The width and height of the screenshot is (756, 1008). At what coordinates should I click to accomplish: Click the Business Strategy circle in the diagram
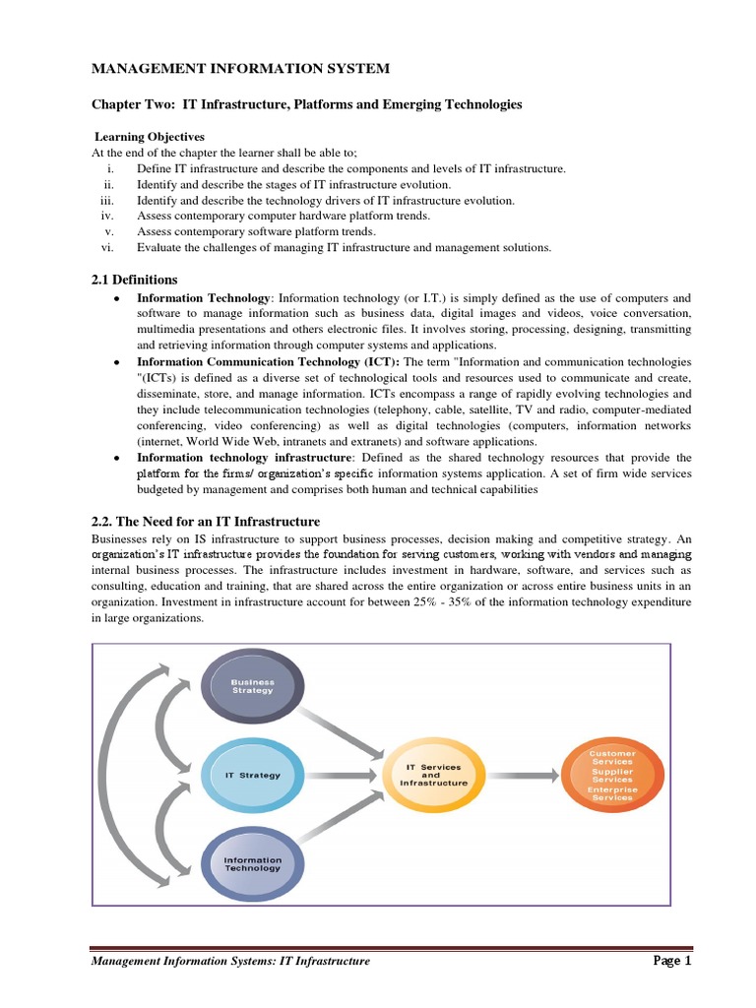252,686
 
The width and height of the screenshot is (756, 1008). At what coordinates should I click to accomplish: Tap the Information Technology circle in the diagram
252,863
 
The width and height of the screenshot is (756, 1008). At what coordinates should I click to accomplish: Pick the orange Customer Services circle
611,775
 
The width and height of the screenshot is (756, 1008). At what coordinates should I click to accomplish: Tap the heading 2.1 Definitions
135,280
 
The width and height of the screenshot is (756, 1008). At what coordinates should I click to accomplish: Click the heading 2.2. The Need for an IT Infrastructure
206,521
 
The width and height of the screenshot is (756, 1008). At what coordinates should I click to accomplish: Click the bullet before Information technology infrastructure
117,458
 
